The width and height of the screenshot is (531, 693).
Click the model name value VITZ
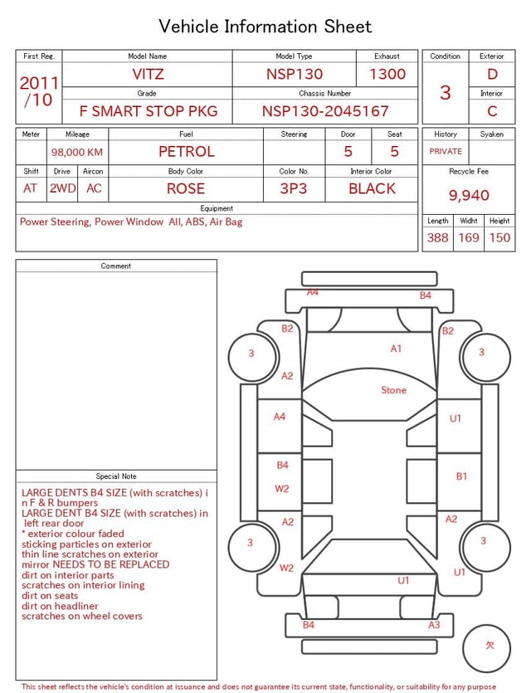148,74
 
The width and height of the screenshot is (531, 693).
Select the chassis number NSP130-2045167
325,111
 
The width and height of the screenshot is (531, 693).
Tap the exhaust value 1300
387,74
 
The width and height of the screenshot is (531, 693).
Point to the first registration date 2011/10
39,91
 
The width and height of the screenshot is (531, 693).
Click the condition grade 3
446,92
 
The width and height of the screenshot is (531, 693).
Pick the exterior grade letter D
492,74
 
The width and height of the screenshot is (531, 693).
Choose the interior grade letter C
492,111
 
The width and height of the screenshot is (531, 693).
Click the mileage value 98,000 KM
77,152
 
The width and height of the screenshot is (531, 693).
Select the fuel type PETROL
187,152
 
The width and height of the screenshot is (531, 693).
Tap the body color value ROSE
186,188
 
